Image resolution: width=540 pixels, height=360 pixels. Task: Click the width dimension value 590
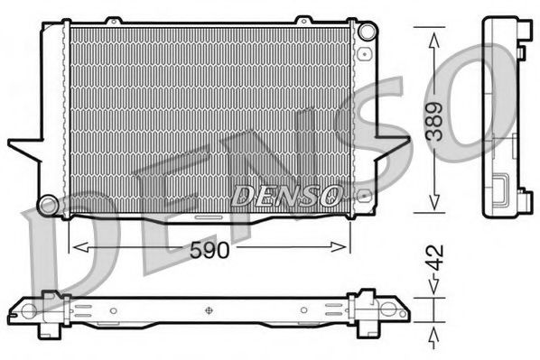pos(209,253)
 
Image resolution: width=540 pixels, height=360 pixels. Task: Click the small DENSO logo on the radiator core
pos(287,194)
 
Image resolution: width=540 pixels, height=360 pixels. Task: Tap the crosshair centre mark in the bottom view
pos(209,311)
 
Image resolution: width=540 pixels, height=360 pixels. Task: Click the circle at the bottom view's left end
pos(28,311)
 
